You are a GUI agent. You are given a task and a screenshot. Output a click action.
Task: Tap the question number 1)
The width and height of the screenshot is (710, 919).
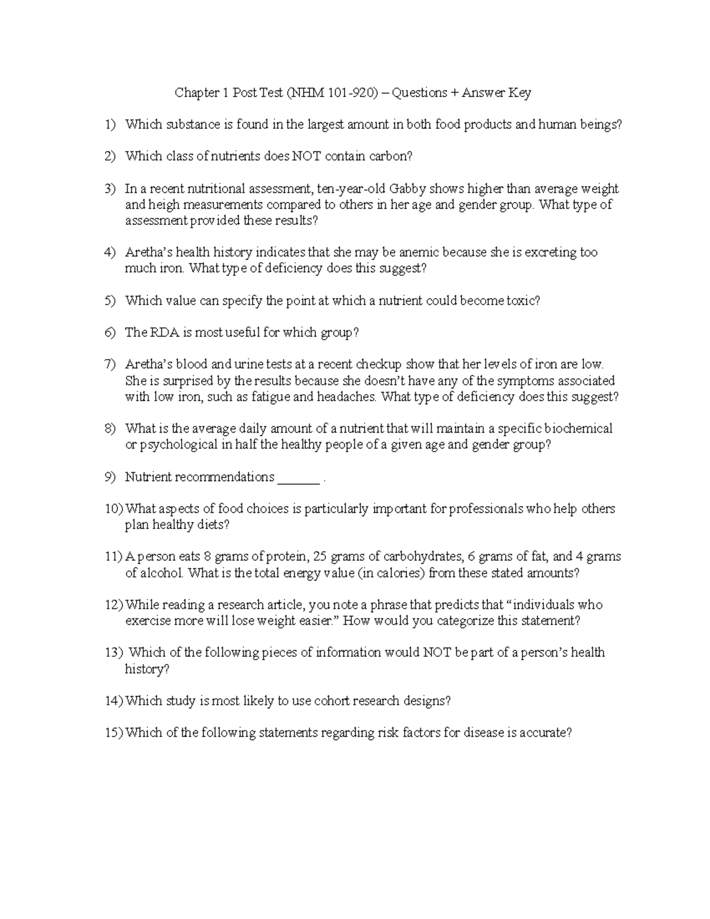click(x=109, y=125)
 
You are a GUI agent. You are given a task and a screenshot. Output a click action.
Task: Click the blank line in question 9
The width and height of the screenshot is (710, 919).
click(x=299, y=478)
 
